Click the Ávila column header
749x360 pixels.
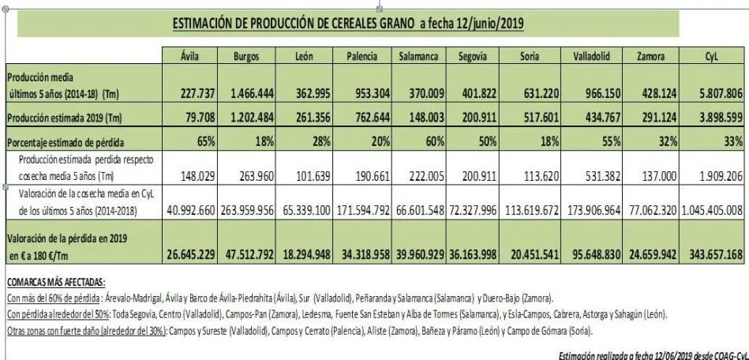(184, 58)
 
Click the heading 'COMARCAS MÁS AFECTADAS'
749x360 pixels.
(55, 282)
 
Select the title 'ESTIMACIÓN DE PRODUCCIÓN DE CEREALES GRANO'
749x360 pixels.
(293, 24)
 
